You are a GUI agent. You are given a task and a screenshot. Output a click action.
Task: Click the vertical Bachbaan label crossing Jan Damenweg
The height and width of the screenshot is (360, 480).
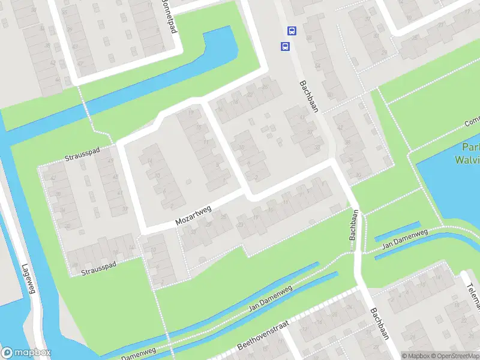click(355, 225)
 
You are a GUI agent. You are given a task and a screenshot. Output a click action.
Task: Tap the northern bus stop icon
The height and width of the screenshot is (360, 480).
click(292, 31)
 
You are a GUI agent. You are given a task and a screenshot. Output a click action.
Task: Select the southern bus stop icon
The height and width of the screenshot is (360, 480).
click(284, 46)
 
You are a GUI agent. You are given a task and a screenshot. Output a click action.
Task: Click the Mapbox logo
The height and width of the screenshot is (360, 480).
click(26, 353)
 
